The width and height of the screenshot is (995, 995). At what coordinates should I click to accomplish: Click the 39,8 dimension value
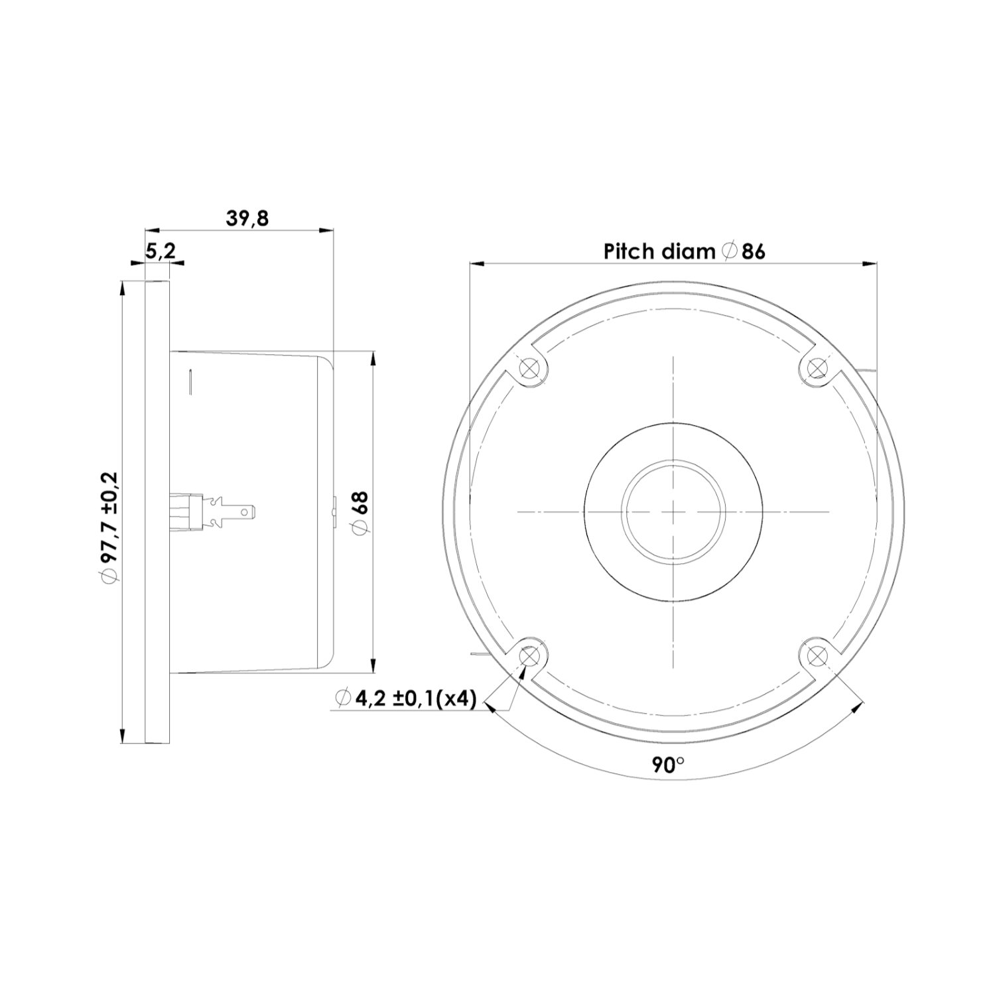point(247,218)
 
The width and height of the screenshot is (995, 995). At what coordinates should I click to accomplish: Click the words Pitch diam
point(659,251)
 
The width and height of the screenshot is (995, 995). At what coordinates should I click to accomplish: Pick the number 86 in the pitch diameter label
point(754,251)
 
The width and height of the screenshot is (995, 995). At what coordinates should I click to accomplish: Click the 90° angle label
point(668,764)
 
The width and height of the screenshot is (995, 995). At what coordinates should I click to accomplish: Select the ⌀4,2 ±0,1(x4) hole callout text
point(406,698)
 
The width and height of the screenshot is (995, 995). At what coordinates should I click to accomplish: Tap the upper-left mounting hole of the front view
point(529,367)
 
